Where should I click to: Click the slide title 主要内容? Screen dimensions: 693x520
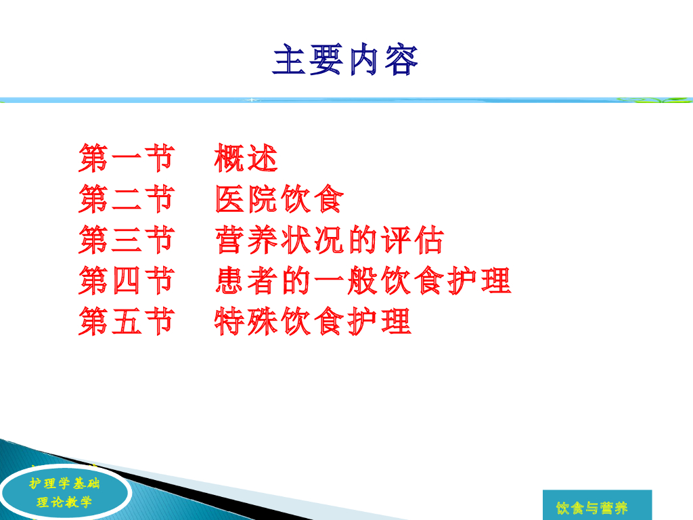click(346, 60)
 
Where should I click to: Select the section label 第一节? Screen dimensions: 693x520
click(127, 158)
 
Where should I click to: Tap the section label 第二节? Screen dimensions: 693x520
click(127, 198)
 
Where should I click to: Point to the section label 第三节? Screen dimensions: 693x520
click(127, 239)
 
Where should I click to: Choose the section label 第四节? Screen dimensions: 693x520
click(127, 280)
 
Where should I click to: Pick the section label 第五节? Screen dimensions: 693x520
click(127, 321)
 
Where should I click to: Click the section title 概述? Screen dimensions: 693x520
click(246, 158)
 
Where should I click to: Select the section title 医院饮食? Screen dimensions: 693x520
click(280, 198)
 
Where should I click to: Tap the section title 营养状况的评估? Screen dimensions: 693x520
click(330, 239)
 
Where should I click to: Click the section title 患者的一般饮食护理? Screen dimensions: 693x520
click(363, 280)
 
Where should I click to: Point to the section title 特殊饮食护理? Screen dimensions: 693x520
click(313, 321)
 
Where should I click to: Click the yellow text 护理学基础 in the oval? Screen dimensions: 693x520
click(64, 483)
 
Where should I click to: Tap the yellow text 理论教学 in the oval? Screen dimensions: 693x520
click(64, 502)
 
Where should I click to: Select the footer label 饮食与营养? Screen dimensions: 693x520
click(591, 508)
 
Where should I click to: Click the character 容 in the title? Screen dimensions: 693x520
click(401, 60)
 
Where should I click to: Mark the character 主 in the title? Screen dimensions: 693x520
click(290, 60)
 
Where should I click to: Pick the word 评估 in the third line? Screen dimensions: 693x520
click(412, 239)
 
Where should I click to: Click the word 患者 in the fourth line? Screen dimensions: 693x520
click(246, 280)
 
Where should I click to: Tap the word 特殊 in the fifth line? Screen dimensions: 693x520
click(246, 321)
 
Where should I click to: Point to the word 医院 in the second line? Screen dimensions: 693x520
click(246, 198)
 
